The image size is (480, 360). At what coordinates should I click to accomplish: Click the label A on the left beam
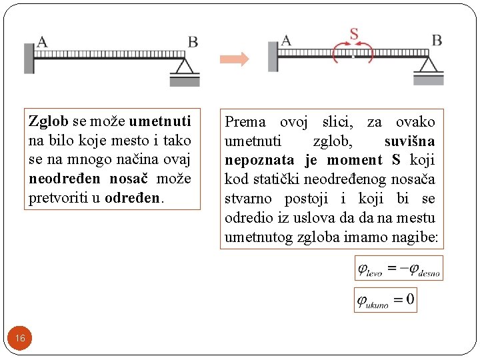[42, 42]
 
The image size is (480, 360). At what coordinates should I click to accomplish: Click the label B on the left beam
[193, 42]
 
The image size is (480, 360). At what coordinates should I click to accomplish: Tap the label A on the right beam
[286, 40]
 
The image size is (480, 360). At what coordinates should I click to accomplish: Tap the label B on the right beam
[437, 40]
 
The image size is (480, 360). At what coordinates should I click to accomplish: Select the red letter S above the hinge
[353, 34]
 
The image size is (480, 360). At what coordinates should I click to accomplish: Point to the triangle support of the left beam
[184, 67]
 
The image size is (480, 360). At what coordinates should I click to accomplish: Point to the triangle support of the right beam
[428, 65]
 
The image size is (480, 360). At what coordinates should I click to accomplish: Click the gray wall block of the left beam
[29, 58]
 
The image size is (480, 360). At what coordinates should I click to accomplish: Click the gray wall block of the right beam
[273, 57]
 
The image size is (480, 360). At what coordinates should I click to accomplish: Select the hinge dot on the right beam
[353, 57]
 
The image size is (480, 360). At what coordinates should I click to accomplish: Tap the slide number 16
[20, 339]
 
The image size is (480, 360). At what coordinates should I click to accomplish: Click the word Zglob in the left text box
[49, 121]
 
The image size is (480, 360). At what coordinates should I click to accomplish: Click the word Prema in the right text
[245, 122]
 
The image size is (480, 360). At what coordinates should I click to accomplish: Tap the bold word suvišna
[409, 141]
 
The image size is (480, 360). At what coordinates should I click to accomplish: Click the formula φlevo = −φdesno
[399, 269]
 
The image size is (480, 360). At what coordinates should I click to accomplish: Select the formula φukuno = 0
[386, 299]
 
